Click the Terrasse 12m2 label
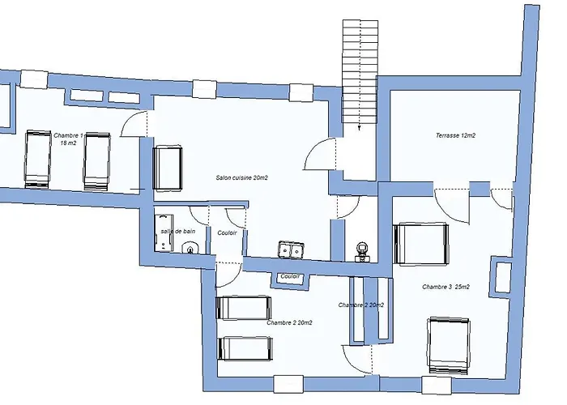(x=455, y=135)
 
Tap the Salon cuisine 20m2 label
(x=241, y=177)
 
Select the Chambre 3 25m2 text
(x=446, y=287)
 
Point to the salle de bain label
(x=178, y=231)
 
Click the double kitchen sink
(x=290, y=249)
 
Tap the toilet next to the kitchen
(x=361, y=251)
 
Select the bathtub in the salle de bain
(x=164, y=233)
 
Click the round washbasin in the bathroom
(x=190, y=248)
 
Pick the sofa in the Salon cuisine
(x=168, y=168)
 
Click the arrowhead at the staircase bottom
(x=360, y=128)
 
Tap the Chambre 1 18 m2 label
(x=68, y=139)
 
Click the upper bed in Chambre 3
(x=420, y=244)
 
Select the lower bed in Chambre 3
(x=449, y=345)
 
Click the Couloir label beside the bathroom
(x=227, y=233)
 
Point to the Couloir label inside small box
(x=290, y=276)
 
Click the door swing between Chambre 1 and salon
(x=134, y=124)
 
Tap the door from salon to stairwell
(x=320, y=154)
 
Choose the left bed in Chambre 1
(x=37, y=159)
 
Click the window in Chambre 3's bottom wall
(x=437, y=386)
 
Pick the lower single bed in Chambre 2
(x=245, y=348)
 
